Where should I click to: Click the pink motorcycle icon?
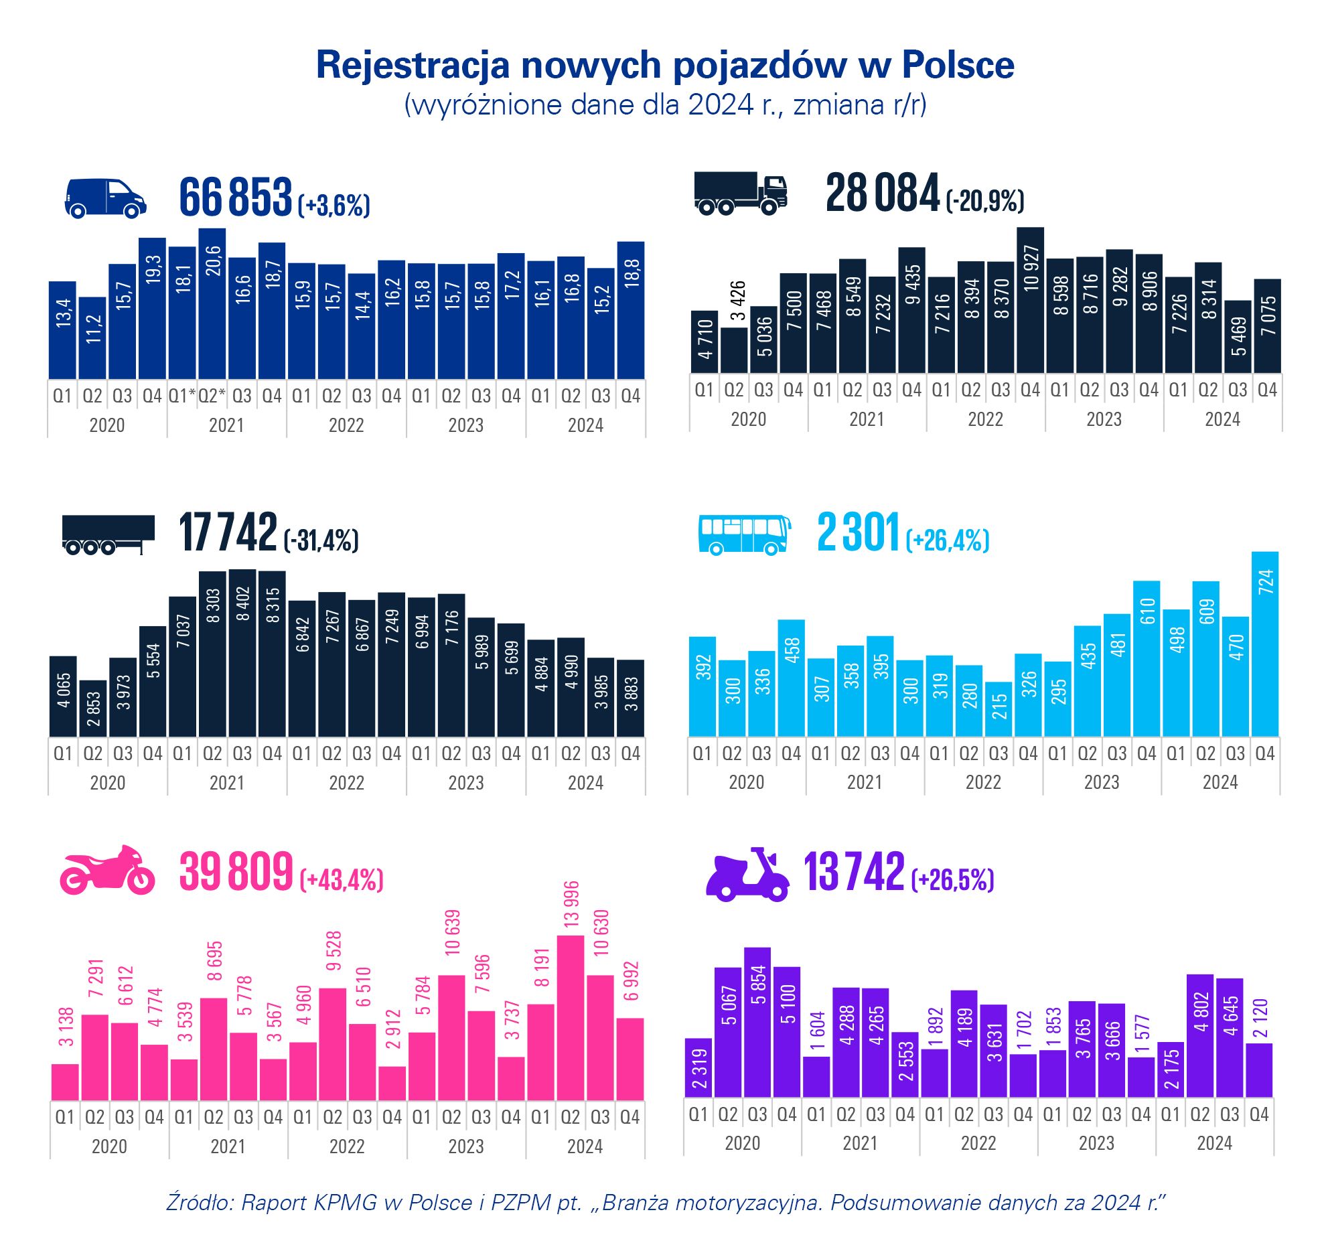[107, 871]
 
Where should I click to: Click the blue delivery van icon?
[105, 198]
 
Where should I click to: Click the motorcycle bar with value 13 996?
[571, 1018]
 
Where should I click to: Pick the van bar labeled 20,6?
[212, 304]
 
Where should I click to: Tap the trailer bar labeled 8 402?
[242, 653]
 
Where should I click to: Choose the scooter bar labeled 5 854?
[757, 1022]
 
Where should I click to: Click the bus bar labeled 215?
[999, 709]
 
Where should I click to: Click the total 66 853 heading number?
[236, 198]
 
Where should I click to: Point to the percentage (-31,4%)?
[321, 540]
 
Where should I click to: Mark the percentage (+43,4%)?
[342, 879]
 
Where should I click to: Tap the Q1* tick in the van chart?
[181, 396]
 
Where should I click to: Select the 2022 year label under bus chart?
[983, 782]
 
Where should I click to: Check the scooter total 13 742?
[854, 873]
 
